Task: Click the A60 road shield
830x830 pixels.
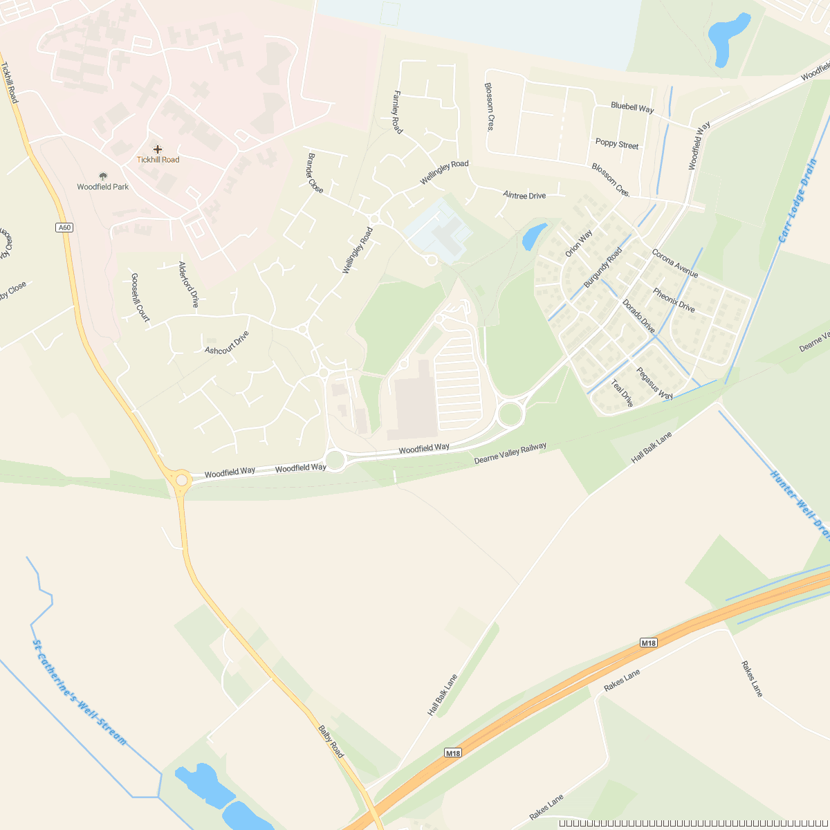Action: [64, 228]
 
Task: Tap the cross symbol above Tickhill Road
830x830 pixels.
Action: [158, 149]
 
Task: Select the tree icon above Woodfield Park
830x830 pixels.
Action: [103, 176]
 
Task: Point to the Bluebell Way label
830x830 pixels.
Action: [632, 108]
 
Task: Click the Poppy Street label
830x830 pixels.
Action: [617, 144]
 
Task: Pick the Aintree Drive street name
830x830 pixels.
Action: [524, 196]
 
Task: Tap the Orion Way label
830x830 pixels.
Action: [579, 243]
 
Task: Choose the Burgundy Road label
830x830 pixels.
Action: [602, 268]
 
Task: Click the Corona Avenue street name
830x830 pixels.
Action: [674, 264]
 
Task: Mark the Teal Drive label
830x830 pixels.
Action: [622, 393]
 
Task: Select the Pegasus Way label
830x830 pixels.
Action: [654, 384]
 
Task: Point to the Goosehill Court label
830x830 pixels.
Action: [140, 297]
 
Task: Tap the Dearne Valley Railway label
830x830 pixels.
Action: [510, 453]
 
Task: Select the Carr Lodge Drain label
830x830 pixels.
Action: [797, 201]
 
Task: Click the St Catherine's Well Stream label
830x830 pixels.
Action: [80, 692]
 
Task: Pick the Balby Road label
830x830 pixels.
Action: [331, 741]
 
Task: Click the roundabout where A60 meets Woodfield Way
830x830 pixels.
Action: [181, 479]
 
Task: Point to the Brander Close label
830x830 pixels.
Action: [315, 173]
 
